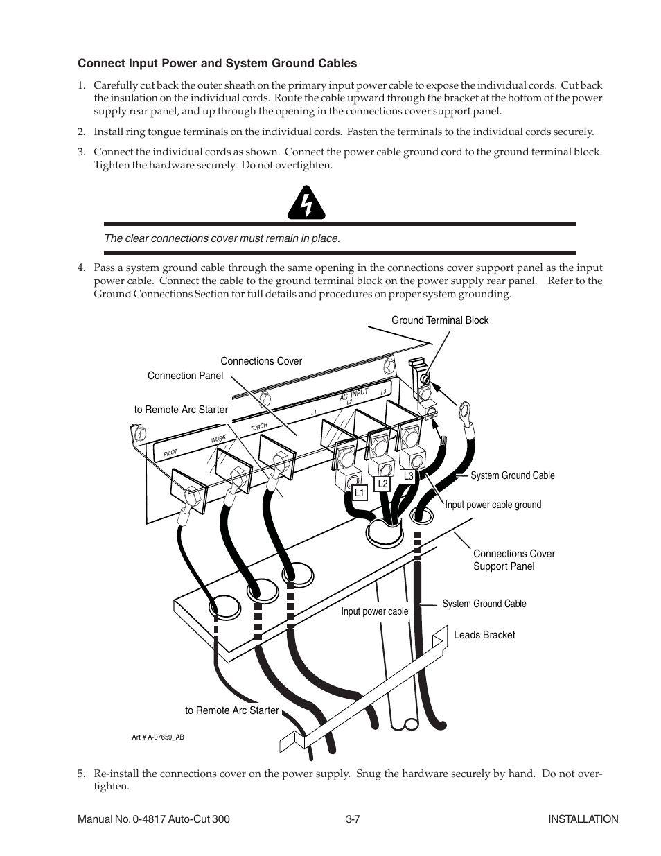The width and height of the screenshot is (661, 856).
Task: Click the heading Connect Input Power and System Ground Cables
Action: pyautogui.click(x=217, y=64)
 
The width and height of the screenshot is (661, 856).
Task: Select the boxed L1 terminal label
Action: pyautogui.click(x=359, y=493)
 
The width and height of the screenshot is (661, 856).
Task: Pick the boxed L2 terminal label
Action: pyautogui.click(x=382, y=484)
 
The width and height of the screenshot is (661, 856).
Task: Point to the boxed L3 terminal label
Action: pyautogui.click(x=408, y=476)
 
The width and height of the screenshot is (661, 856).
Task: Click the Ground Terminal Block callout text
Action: pyautogui.click(x=440, y=320)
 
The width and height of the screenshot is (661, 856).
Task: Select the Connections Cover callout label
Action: pyautogui.click(x=261, y=361)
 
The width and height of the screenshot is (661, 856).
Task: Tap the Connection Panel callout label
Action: pyautogui.click(x=185, y=376)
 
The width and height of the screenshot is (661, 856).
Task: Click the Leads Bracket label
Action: pyautogui.click(x=484, y=635)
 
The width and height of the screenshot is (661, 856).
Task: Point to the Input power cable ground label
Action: pyautogui.click(x=493, y=505)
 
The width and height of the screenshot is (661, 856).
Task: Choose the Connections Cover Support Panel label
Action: pyautogui.click(x=513, y=560)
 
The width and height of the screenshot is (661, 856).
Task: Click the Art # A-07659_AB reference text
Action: pyautogui.click(x=158, y=737)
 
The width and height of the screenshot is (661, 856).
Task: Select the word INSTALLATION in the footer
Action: pyautogui.click(x=583, y=819)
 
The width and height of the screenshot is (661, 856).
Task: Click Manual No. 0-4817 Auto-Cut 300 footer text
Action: pyautogui.click(x=153, y=819)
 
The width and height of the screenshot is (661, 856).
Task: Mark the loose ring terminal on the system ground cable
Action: pyautogui.click(x=462, y=410)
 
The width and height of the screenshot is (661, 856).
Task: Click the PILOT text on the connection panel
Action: pyautogui.click(x=171, y=453)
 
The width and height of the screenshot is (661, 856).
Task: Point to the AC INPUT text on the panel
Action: pyautogui.click(x=353, y=396)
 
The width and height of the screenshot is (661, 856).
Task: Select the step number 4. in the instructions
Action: pyautogui.click(x=81, y=268)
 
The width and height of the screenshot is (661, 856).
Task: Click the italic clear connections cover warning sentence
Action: pyautogui.click(x=222, y=238)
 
